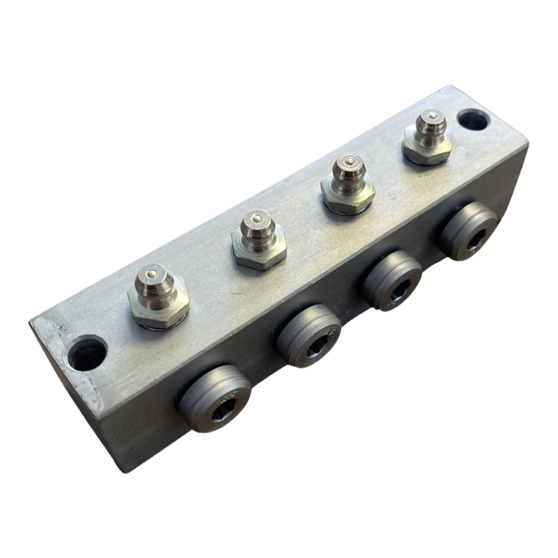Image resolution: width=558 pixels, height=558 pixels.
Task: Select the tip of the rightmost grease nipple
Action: point(432,117)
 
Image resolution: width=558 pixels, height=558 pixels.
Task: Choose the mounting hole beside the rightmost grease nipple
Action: point(472,119)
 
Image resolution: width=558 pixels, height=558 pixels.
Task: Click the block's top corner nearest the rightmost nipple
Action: point(450,86)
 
